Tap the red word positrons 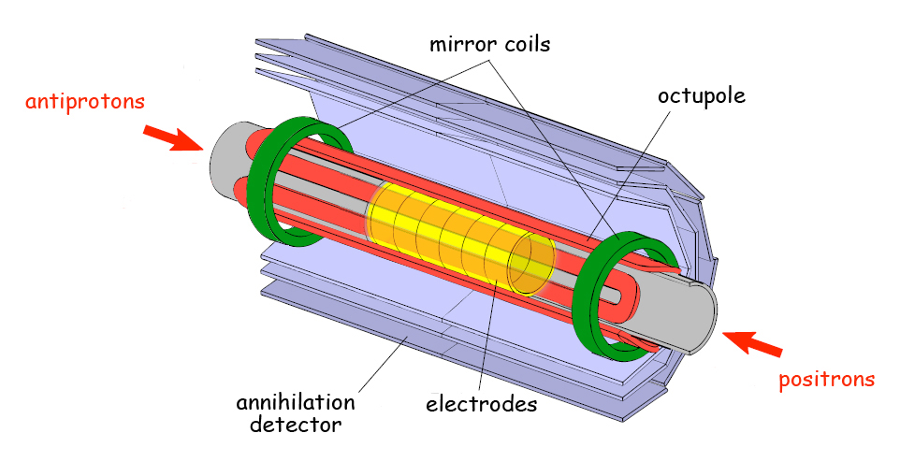coord(827,379)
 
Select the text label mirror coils coord(489,44)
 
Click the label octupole coord(701,95)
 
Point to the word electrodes coord(481,405)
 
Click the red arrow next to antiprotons coord(173,138)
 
